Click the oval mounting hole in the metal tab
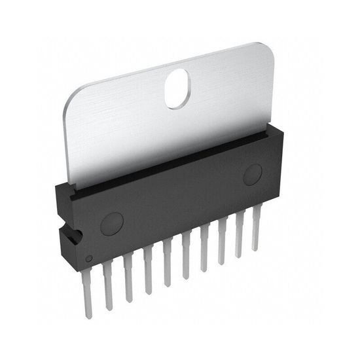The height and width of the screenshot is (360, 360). tap(177, 89)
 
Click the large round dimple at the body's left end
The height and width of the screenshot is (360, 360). tap(111, 224)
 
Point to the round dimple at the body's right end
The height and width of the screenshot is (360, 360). tap(253, 174)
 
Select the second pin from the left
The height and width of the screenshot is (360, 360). tap(107, 281)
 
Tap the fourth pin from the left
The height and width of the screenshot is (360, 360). tap(148, 268)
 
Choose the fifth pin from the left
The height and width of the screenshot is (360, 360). tap(168, 262)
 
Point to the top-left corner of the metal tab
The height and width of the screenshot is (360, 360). tap(68, 96)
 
